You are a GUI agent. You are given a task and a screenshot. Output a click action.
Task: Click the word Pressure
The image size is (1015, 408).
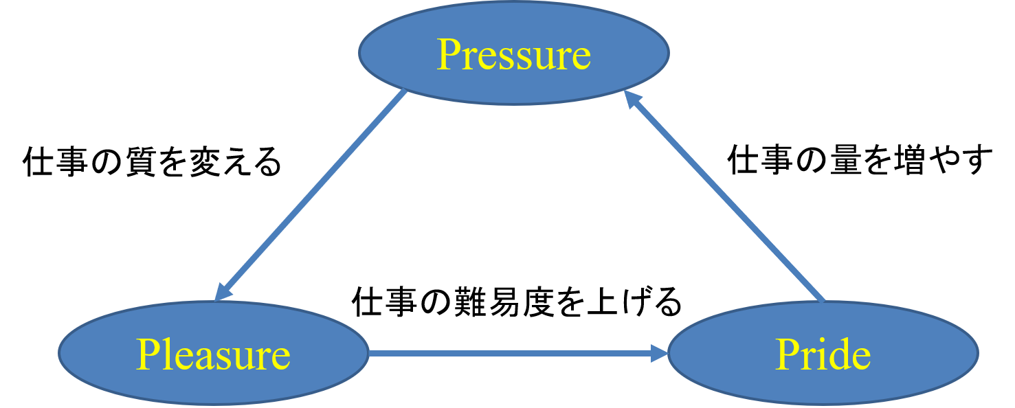(514, 54)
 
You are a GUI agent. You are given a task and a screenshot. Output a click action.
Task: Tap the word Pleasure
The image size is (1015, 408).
(213, 354)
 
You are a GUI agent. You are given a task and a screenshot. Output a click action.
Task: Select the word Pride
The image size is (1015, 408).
(823, 354)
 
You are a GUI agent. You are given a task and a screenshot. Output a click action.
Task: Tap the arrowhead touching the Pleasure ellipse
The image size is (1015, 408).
(223, 291)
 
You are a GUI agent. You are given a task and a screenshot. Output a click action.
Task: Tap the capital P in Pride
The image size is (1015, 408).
(788, 354)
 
